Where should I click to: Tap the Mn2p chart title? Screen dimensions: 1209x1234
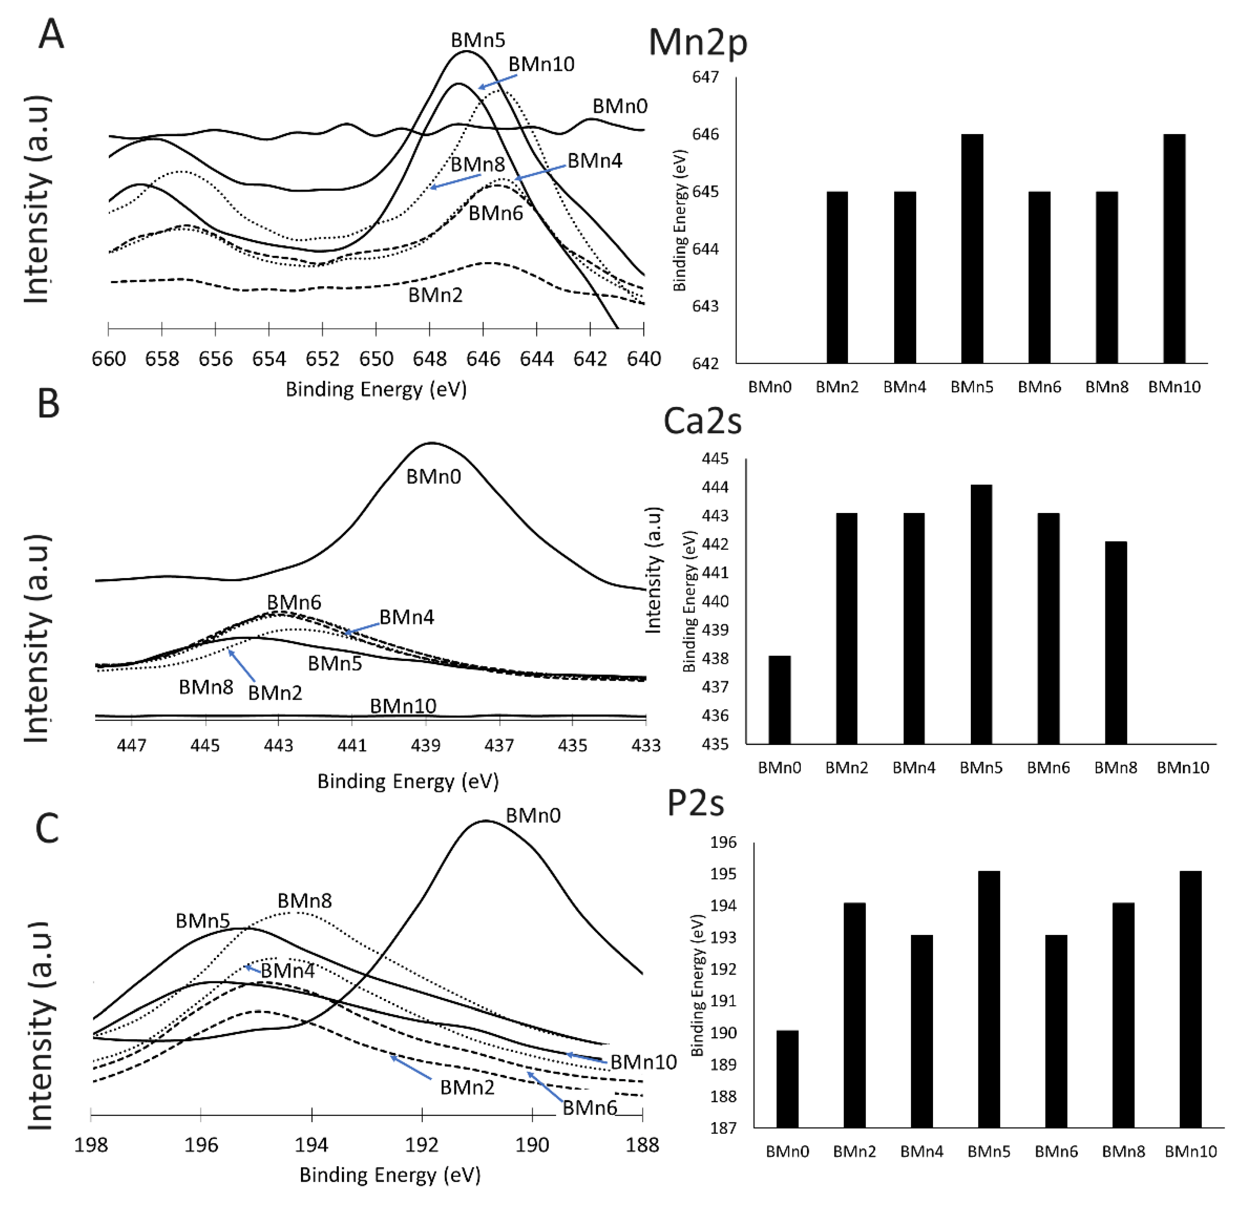(x=697, y=43)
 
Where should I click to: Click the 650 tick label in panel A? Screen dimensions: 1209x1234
(x=376, y=360)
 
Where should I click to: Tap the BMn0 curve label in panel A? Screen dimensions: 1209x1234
(x=619, y=106)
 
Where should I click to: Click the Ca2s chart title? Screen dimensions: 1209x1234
(x=702, y=421)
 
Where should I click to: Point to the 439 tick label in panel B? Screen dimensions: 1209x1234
(x=425, y=745)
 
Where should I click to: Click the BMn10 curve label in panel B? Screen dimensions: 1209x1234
(x=403, y=706)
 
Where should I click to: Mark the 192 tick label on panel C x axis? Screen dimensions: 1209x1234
(x=422, y=1145)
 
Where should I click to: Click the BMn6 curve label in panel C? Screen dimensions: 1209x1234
(x=589, y=1107)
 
